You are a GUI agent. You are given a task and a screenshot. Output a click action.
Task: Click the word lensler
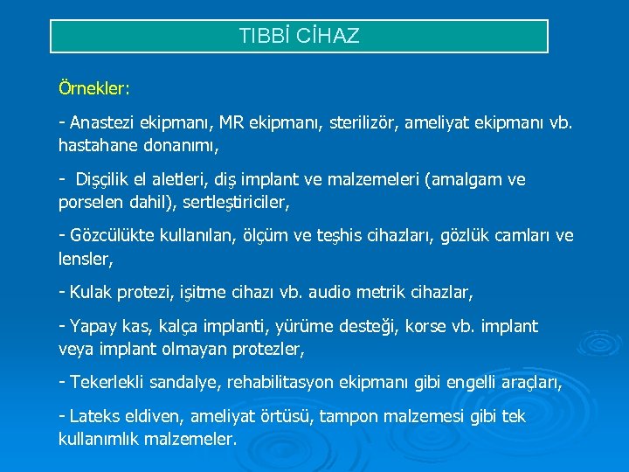[x=85, y=258]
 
